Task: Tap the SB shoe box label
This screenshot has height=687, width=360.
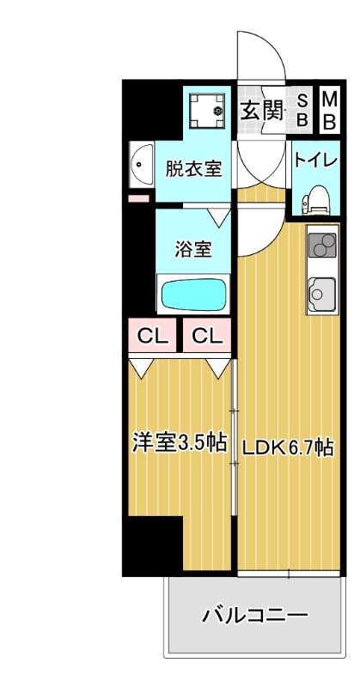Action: click(302, 109)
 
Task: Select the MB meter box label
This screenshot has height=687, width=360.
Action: click(329, 109)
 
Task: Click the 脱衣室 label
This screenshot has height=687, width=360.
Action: click(194, 167)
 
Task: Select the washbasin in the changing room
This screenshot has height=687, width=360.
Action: click(141, 167)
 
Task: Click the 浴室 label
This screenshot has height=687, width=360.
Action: click(193, 249)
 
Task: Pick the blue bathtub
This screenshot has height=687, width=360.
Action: click(193, 295)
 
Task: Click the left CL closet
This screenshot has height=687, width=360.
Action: click(153, 336)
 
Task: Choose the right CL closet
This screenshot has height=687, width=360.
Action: click(207, 336)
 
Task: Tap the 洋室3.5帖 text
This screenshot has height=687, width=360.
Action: click(179, 443)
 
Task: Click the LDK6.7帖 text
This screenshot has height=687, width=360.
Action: click(286, 447)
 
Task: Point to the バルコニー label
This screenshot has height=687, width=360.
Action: click(254, 615)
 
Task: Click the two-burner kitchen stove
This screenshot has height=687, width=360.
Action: click(320, 246)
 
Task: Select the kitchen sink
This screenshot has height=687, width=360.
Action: click(320, 295)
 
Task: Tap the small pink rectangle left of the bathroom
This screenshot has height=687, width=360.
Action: click(137, 199)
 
